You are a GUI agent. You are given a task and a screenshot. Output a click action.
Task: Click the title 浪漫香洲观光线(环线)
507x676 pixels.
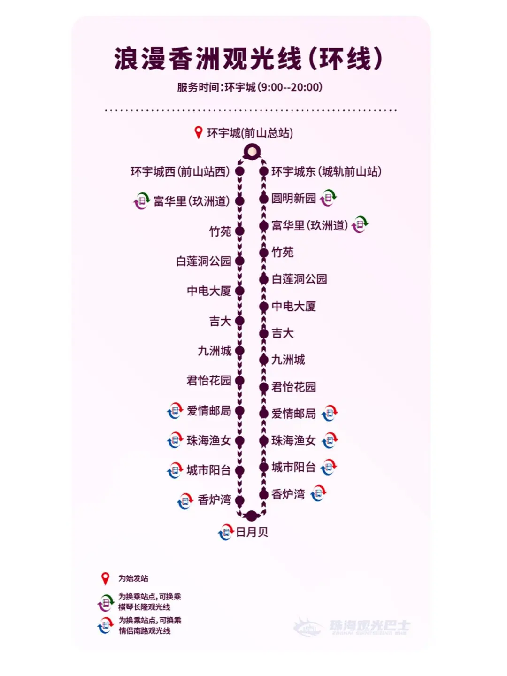pyautogui.click(x=249, y=59)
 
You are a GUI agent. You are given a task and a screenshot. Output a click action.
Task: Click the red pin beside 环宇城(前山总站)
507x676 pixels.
pyautogui.click(x=199, y=133)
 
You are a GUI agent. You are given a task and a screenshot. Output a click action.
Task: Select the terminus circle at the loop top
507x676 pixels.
pyautogui.click(x=252, y=152)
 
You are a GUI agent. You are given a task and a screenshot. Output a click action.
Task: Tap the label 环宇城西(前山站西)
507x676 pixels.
pyautogui.click(x=180, y=172)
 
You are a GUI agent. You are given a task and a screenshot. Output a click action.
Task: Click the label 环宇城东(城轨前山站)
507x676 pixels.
pyautogui.click(x=326, y=172)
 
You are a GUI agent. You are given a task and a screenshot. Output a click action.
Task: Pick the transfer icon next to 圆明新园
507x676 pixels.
pyautogui.click(x=329, y=198)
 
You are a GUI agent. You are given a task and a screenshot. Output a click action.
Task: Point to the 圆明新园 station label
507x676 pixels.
pyautogui.click(x=293, y=199)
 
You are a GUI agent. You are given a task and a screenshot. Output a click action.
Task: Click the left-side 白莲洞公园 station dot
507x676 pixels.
pyautogui.click(x=239, y=261)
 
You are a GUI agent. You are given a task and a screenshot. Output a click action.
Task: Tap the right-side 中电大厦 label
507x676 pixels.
pyautogui.click(x=293, y=307)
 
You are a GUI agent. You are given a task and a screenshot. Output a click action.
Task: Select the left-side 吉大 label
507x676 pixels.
pyautogui.click(x=220, y=322)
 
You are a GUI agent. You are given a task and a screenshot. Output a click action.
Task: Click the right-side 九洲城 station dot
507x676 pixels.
pyautogui.click(x=264, y=360)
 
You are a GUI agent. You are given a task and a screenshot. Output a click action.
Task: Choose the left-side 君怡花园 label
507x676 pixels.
pyautogui.click(x=209, y=381)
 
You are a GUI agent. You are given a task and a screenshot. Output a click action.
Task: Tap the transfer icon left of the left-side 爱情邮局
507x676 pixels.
pyautogui.click(x=175, y=411)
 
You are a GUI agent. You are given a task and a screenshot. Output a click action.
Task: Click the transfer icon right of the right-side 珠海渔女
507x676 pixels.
pyautogui.click(x=330, y=440)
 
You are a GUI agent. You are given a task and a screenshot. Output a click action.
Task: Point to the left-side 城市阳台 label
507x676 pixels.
pyautogui.click(x=209, y=470)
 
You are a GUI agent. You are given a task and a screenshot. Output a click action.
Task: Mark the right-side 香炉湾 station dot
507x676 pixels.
pyautogui.click(x=264, y=494)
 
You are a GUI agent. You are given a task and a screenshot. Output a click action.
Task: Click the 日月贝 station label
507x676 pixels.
pyautogui.click(x=252, y=532)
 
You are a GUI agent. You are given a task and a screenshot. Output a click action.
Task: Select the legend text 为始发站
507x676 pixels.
pyautogui.click(x=133, y=578)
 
